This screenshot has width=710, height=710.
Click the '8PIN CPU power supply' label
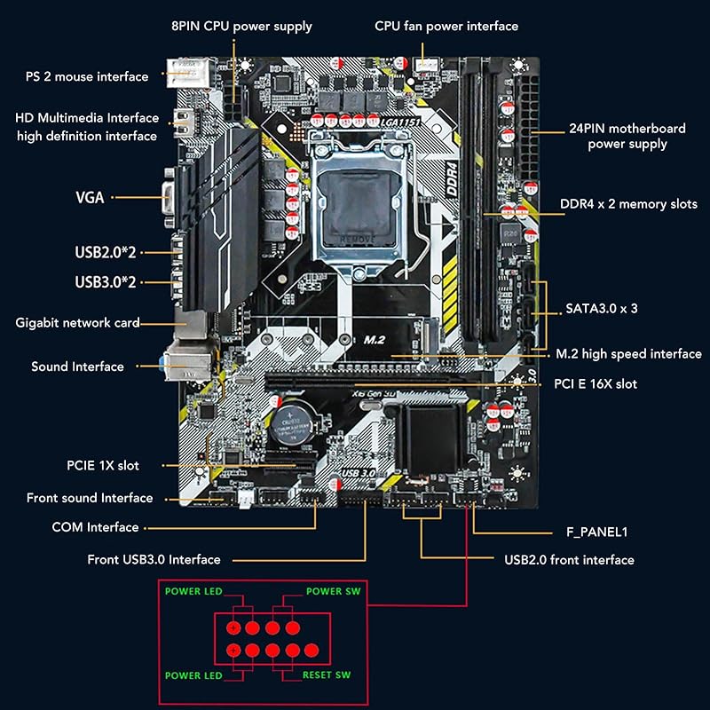coord(241,26)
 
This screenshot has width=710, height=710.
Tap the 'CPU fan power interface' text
coord(446,26)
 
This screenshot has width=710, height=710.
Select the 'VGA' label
coord(90,197)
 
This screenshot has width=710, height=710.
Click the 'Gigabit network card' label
coord(78,322)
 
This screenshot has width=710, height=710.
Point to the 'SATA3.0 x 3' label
coord(602,309)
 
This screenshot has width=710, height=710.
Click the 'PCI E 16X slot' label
coord(596,383)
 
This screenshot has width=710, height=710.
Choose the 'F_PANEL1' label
coord(596,532)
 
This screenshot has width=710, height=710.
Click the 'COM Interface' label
coord(95,527)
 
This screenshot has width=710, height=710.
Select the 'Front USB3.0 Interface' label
coord(154,559)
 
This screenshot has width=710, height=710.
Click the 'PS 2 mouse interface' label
coord(87,76)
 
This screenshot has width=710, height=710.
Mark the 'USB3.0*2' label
coord(106,282)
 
